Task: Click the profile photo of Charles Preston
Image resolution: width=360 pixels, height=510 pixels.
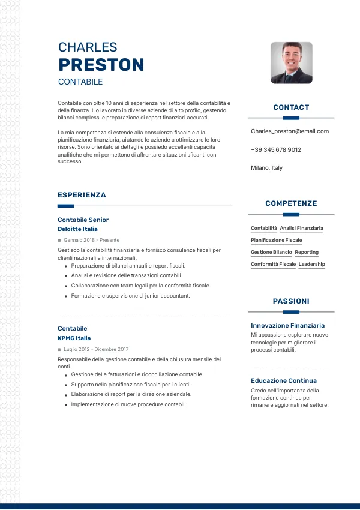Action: click(291, 62)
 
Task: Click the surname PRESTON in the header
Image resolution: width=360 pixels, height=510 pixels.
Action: click(101, 65)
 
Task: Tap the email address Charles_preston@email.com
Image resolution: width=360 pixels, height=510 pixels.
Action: click(290, 131)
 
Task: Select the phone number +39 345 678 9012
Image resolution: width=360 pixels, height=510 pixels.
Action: click(276, 149)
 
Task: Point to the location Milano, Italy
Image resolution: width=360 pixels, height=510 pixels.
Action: click(266, 168)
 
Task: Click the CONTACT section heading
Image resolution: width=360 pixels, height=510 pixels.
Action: click(291, 107)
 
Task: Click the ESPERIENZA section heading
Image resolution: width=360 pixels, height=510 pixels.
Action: click(82, 195)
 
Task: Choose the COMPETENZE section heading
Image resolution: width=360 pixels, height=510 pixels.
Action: click(291, 203)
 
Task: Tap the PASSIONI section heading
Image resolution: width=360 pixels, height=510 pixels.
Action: click(291, 301)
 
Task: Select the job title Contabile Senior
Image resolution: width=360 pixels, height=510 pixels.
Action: click(83, 220)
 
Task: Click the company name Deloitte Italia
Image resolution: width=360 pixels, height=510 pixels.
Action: click(77, 229)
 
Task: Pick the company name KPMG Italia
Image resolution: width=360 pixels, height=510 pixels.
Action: click(74, 338)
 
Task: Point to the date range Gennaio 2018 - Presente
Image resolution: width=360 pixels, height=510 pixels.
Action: click(91, 240)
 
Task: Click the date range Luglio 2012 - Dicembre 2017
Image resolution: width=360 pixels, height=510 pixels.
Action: click(96, 349)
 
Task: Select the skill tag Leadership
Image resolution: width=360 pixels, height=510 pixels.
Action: click(311, 264)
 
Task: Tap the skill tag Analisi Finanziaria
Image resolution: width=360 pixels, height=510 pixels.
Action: click(301, 228)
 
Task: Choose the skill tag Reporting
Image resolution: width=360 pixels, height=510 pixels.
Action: click(307, 252)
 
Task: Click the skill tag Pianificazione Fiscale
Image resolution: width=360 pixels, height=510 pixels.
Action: click(276, 240)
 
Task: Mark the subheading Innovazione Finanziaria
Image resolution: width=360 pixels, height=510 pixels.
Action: click(287, 325)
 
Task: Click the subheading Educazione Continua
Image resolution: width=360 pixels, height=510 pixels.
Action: click(284, 380)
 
